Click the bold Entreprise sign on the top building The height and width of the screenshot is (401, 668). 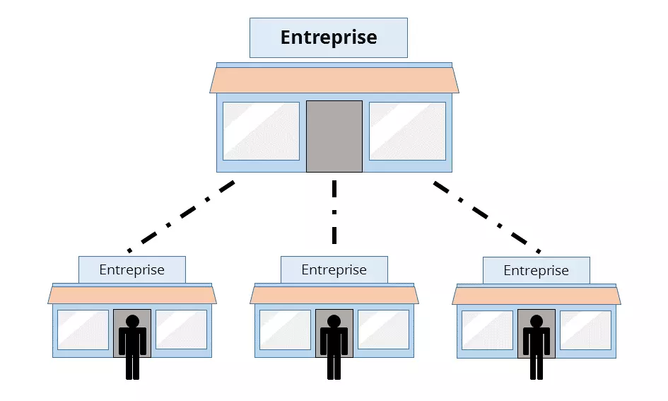[329, 37]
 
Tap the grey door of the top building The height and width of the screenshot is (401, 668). [334, 136]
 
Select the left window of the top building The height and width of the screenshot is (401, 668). [261, 131]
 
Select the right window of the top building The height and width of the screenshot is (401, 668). [407, 131]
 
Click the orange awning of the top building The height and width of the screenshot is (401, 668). [334, 80]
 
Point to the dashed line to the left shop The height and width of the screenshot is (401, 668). [181, 216]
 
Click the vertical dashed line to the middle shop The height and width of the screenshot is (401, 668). [334, 211]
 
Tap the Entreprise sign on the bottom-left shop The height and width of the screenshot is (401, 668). [131, 269]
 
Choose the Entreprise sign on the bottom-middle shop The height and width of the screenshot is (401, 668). [334, 269]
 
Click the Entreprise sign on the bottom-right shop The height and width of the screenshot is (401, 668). [536, 270]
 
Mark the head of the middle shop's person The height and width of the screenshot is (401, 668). [334, 322]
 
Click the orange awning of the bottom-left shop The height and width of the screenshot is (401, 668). [132, 295]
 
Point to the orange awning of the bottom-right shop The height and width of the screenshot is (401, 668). [537, 295]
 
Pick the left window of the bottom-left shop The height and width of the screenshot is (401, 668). [83, 330]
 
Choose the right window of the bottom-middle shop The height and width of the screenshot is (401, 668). [383, 330]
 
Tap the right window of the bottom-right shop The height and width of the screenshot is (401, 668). [585, 330]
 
